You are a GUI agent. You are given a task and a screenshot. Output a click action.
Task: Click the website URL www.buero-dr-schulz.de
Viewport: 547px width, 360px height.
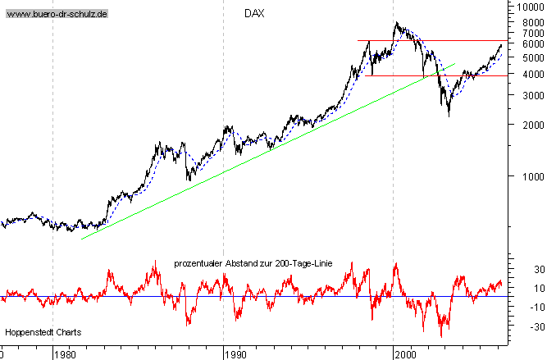coord(57,15)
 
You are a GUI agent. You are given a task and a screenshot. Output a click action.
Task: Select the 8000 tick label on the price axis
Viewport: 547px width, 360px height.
coord(528,22)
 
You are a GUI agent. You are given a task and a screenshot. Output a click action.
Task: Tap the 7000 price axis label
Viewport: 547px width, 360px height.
coord(528,32)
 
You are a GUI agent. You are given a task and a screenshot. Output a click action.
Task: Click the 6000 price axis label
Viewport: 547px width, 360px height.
coord(528,43)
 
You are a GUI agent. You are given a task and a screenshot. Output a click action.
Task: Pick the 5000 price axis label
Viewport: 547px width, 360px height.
coord(528,57)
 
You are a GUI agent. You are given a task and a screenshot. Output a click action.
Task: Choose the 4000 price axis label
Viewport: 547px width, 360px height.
coord(528,74)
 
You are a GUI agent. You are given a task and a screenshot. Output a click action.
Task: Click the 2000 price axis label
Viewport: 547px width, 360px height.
coord(528,125)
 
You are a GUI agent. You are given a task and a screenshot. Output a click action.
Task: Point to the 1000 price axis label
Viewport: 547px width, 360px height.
coord(528,175)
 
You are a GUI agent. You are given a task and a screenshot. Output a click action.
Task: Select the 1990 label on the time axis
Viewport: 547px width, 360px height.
coord(235,354)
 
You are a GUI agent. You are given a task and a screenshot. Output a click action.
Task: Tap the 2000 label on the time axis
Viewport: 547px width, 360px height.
coord(404,354)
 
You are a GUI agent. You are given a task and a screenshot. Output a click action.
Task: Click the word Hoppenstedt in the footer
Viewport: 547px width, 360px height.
coord(30,333)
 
